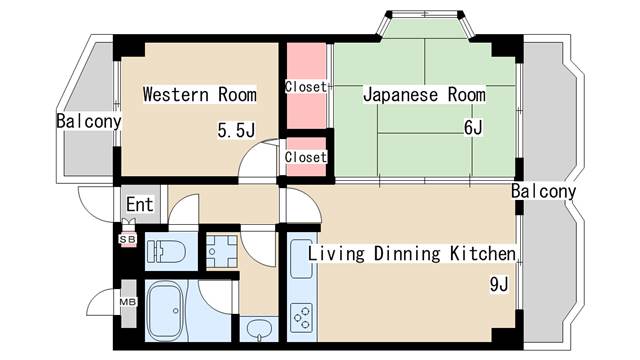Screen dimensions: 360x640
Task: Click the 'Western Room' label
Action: click(x=199, y=95)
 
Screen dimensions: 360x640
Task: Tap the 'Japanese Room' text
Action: click(x=424, y=95)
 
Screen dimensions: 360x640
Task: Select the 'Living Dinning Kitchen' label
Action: click(x=411, y=253)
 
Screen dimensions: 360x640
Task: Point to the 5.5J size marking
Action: click(x=237, y=129)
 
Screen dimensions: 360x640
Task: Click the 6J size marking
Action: click(x=473, y=128)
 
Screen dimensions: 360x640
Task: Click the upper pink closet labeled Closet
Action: click(x=305, y=86)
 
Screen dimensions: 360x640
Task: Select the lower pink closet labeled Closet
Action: click(x=305, y=157)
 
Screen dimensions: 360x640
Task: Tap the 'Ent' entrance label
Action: click(x=139, y=205)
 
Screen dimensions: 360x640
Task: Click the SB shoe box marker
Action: click(x=128, y=239)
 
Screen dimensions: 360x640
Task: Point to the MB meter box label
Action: click(x=128, y=301)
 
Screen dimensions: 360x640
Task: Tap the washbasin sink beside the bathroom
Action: click(x=259, y=329)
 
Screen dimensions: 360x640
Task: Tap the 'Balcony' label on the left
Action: click(x=88, y=122)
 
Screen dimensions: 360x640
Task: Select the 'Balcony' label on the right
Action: click(x=543, y=191)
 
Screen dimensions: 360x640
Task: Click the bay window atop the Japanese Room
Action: click(x=426, y=26)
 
